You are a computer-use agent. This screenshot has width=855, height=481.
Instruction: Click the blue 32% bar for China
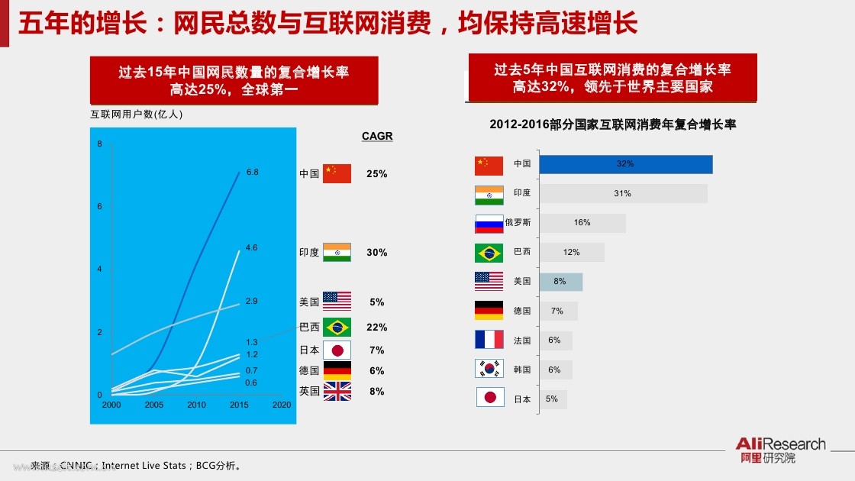pos(626,164)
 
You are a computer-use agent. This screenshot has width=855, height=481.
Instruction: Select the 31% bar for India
pos(623,194)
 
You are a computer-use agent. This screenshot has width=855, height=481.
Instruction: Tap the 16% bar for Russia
pos(582,223)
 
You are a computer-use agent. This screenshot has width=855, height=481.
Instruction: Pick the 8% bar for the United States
pos(560,282)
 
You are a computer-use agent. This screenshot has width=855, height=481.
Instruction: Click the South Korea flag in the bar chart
pos(489,369)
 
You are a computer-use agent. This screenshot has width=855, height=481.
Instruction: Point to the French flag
pos(489,339)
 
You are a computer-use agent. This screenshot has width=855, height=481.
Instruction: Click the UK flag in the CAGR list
pos(337,392)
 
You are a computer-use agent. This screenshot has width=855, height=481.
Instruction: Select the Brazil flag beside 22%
pos(337,328)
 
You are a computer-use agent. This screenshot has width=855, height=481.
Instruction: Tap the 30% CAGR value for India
pos(377,253)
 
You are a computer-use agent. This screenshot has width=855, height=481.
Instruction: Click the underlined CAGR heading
pos(377,136)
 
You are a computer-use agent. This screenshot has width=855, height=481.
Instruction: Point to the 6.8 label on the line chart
pos(253,172)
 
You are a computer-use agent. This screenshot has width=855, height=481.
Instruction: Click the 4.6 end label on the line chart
pos(251,247)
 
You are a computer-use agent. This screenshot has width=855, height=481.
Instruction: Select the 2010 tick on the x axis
pos(196,405)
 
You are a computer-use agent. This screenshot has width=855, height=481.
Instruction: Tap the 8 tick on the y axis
pos(100,144)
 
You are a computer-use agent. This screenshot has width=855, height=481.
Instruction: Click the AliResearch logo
pos(781,450)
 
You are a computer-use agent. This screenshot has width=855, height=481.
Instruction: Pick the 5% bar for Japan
pos(553,399)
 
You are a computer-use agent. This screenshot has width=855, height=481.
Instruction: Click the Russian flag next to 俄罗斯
pos(489,224)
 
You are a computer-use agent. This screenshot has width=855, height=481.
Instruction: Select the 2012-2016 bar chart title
pos(613,124)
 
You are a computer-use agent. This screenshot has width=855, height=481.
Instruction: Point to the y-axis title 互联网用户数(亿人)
pos(137,114)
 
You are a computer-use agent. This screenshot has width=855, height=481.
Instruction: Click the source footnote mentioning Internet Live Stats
pos(137,465)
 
